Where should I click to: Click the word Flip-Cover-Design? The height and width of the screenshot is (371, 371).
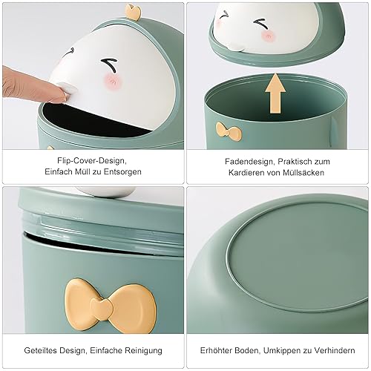tap(92, 161)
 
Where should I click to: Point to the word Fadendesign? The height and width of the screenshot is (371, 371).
tap(249, 162)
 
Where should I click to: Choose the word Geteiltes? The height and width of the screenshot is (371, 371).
tap(40, 350)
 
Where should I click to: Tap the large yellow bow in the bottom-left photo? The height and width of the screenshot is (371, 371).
tap(110, 306)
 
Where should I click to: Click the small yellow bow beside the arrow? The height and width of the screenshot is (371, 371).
tap(229, 130)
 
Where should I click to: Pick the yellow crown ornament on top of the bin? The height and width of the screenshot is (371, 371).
tap(134, 12)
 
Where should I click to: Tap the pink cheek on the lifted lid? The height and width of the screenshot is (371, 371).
tap(269, 36)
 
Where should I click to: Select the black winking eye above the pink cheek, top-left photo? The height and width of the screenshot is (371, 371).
tap(109, 65)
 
